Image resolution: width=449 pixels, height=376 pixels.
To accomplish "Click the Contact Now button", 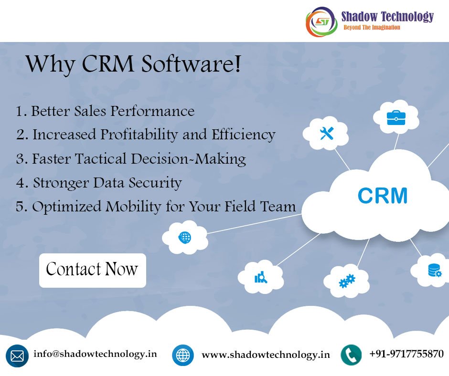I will tap(92, 270).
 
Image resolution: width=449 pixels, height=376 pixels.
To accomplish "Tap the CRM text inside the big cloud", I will tap(382, 196).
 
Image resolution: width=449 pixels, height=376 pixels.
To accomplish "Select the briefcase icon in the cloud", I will tap(396, 117).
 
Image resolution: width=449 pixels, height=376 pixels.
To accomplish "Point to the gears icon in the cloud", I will tap(347, 281).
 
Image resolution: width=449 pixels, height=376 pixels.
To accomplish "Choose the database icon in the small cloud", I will tap(434, 271).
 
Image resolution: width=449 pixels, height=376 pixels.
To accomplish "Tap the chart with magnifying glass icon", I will tap(261, 277).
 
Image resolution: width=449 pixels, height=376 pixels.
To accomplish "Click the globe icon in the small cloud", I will tap(184, 237).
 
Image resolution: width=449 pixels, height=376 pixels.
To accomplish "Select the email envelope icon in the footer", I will tap(17, 356).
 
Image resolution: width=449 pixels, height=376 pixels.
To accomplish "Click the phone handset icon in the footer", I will tap(351, 355).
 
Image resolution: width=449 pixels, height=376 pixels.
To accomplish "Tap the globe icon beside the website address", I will tap(183, 355).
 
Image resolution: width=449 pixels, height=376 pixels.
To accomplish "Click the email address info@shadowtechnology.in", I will tap(95, 354).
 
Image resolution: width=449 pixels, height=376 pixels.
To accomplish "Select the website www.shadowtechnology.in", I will tap(266, 355).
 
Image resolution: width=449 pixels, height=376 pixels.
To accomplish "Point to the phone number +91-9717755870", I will tap(406, 354).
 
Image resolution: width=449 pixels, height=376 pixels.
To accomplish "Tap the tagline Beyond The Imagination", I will tap(372, 28).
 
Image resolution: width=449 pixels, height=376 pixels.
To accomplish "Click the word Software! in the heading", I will tap(194, 65).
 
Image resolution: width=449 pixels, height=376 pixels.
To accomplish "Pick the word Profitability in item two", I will tap(139, 135).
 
